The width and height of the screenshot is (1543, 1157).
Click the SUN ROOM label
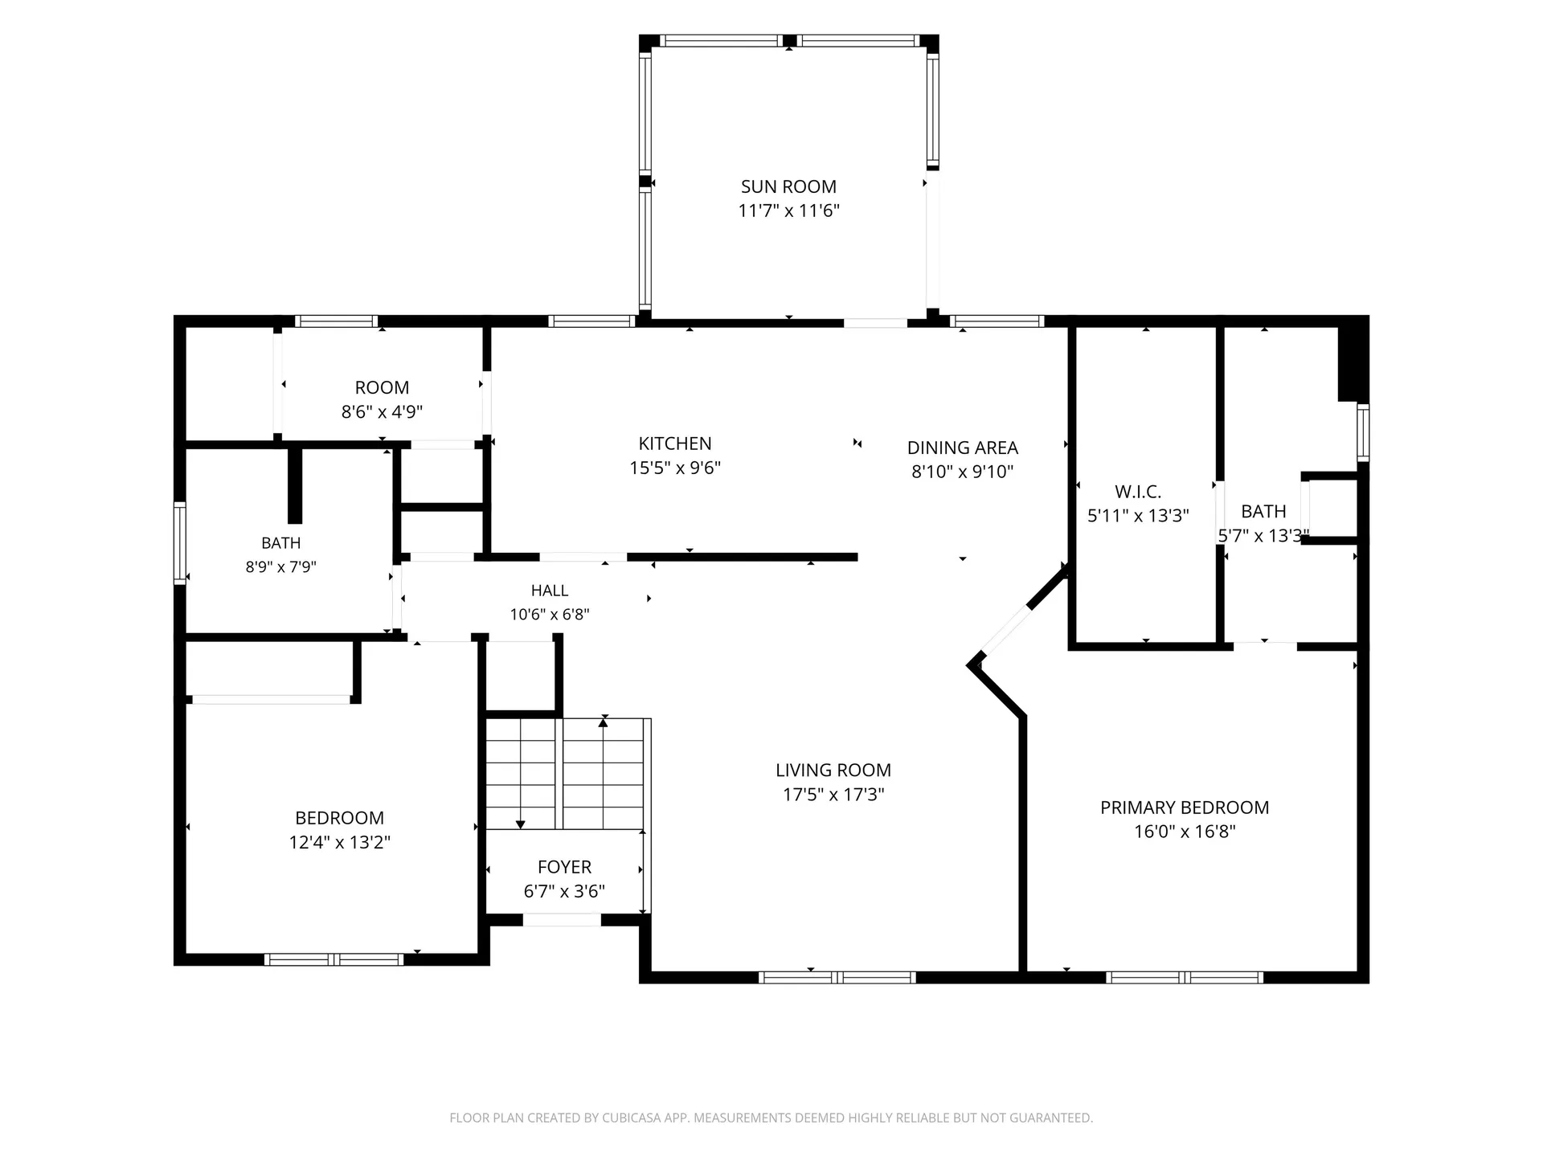click(x=788, y=186)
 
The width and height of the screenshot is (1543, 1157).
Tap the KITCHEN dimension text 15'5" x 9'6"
click(x=675, y=468)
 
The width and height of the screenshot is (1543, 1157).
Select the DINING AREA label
click(x=962, y=448)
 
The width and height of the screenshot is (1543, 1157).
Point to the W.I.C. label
click(x=1138, y=491)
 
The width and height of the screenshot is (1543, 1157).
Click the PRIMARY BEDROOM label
click(x=1185, y=807)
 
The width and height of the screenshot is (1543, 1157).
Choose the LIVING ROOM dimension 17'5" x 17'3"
click(x=833, y=795)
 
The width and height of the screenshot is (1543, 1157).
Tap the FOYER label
click(x=564, y=867)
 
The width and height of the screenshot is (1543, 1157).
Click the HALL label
click(x=550, y=591)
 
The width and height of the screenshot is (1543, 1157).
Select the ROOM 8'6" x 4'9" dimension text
click(x=382, y=412)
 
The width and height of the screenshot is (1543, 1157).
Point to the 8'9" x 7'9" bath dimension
click(x=280, y=567)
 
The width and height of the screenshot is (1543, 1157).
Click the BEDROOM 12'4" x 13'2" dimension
click(x=339, y=842)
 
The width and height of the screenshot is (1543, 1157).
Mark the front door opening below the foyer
click(x=562, y=920)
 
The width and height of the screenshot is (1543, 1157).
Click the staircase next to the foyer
click(x=565, y=774)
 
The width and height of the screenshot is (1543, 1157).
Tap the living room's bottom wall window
click(x=837, y=977)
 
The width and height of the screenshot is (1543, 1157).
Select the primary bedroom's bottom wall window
click(x=1184, y=977)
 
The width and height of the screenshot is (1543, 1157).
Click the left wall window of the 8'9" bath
click(x=180, y=543)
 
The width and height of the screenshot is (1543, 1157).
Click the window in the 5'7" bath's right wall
click(x=1363, y=431)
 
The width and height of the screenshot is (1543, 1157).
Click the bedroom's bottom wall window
click(x=334, y=959)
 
